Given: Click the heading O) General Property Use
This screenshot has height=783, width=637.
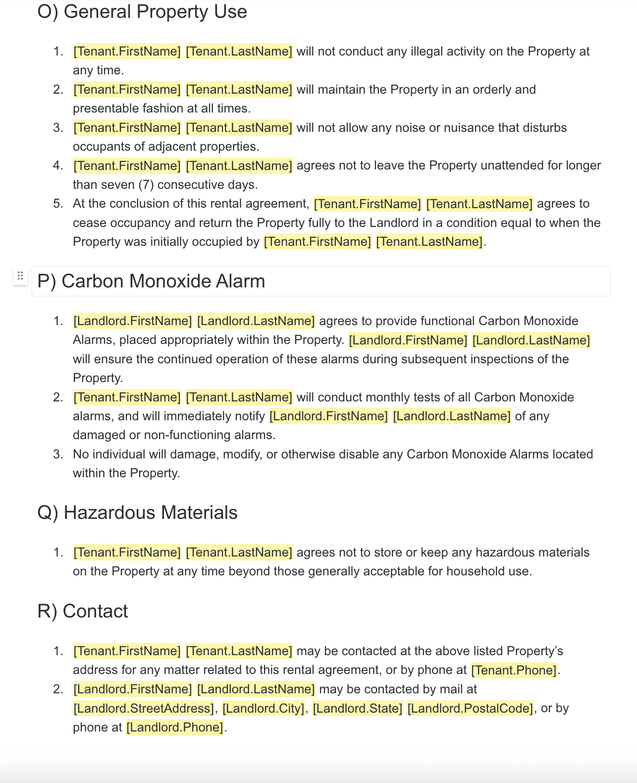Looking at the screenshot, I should click(x=142, y=11).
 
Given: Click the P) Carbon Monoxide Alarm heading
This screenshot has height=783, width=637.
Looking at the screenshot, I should click(x=151, y=281).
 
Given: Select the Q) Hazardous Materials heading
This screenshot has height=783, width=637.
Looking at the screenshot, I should click(x=137, y=512).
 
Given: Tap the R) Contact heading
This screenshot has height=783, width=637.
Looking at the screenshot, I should click(x=83, y=611).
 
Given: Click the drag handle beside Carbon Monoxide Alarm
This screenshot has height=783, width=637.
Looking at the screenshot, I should click(x=20, y=276).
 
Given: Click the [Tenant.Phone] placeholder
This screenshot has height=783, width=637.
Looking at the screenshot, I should click(x=514, y=670).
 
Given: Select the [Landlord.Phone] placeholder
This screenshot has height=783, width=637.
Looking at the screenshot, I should click(x=175, y=727).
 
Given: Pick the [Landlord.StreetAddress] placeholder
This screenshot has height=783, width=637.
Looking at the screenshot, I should click(x=144, y=708).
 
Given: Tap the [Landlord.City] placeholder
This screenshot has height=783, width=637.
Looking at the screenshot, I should click(x=263, y=708).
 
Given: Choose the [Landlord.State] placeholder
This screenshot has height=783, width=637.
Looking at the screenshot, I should click(x=357, y=708).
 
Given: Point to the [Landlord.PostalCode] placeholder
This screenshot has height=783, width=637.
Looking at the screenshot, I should click(x=470, y=708).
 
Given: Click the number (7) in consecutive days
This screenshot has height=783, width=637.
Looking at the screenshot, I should click(x=146, y=185).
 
